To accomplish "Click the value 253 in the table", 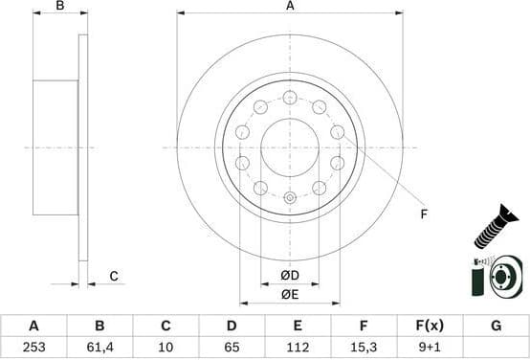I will pos(33,348).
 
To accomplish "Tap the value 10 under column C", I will pos(166,348).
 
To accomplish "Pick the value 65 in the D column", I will pos(232,348).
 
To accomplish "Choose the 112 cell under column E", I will pos(298,348).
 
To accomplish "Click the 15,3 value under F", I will pos(364,348).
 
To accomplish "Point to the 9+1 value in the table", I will pos(430,348).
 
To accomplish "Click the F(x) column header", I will pos(430,326).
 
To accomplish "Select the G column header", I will pos(496,326).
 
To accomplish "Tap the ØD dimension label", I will pos(290,277).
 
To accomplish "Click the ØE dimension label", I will pos(290,295).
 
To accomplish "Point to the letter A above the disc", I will pos(290,7).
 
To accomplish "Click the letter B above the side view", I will pos(59,7).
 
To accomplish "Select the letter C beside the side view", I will pos(113,277).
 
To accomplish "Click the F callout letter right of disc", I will pos(423,214).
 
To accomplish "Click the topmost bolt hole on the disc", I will pos(290,97).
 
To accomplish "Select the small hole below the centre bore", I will pos(290,197).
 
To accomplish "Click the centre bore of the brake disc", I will pos(290,146).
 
